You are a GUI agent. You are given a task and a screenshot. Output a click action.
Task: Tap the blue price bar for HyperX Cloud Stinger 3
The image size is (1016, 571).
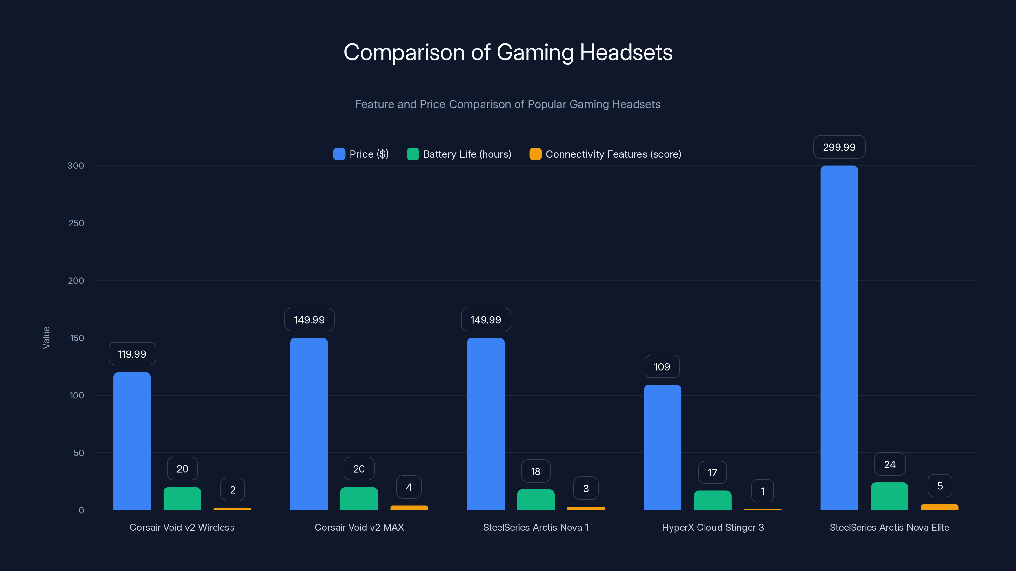pyautogui.click(x=662, y=447)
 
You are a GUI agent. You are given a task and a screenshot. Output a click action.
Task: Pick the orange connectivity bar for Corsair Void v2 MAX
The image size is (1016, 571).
pyautogui.click(x=409, y=508)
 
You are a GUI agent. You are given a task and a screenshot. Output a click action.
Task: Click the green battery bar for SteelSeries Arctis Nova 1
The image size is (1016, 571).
pyautogui.click(x=536, y=500)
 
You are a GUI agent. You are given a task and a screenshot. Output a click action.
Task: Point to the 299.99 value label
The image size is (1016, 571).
pyautogui.click(x=839, y=147)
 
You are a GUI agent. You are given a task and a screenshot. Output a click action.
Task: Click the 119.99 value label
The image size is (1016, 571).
pyautogui.click(x=132, y=354)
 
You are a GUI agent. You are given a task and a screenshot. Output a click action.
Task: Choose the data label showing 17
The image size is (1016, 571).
pyautogui.click(x=712, y=472)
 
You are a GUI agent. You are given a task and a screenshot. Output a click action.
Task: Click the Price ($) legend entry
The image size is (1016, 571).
pyautogui.click(x=361, y=154)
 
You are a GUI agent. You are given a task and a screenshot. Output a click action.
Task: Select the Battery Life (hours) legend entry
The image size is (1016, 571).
pyautogui.click(x=459, y=154)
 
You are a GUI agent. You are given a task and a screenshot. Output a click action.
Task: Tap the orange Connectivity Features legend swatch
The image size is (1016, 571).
pyautogui.click(x=535, y=154)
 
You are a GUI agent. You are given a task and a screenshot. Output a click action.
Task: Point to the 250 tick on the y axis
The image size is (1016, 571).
pyautogui.click(x=76, y=223)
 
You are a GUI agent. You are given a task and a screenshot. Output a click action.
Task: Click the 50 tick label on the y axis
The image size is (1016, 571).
pyautogui.click(x=78, y=453)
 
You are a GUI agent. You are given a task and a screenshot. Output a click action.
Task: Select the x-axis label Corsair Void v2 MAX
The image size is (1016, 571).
pyautogui.click(x=359, y=527)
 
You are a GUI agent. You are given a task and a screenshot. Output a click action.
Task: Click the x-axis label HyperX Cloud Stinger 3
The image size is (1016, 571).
pyautogui.click(x=713, y=527)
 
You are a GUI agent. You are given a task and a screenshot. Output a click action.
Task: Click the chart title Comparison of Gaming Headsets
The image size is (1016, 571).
pyautogui.click(x=508, y=52)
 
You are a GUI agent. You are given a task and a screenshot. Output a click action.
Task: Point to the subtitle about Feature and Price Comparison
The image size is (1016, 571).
pyautogui.click(x=508, y=104)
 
